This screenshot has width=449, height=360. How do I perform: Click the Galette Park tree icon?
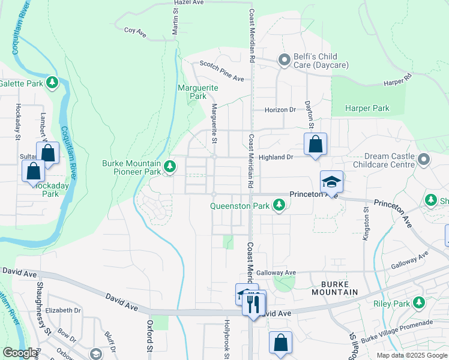pyautogui.click(x=53, y=82)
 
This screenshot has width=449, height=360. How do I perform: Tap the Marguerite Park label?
pyautogui.click(x=198, y=92)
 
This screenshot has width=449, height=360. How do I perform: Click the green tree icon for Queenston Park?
pyautogui.click(x=279, y=206)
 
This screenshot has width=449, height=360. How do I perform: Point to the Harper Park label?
pyautogui.click(x=367, y=109)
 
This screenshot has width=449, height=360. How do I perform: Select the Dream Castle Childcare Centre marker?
pyautogui.click(x=424, y=160)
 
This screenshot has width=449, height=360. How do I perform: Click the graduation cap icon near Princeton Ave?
pyautogui.click(x=331, y=182)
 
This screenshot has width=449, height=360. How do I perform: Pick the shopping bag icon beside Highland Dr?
pyautogui.click(x=315, y=145)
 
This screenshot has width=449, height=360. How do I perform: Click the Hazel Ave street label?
pyautogui.click(x=190, y=3)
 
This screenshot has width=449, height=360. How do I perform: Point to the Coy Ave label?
pyautogui.click(x=135, y=30)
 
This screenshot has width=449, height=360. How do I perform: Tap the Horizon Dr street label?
pyautogui.click(x=280, y=110)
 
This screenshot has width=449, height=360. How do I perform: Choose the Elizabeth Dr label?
pyautogui.click(x=62, y=310)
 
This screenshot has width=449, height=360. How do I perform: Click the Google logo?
pyautogui.click(x=19, y=353)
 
